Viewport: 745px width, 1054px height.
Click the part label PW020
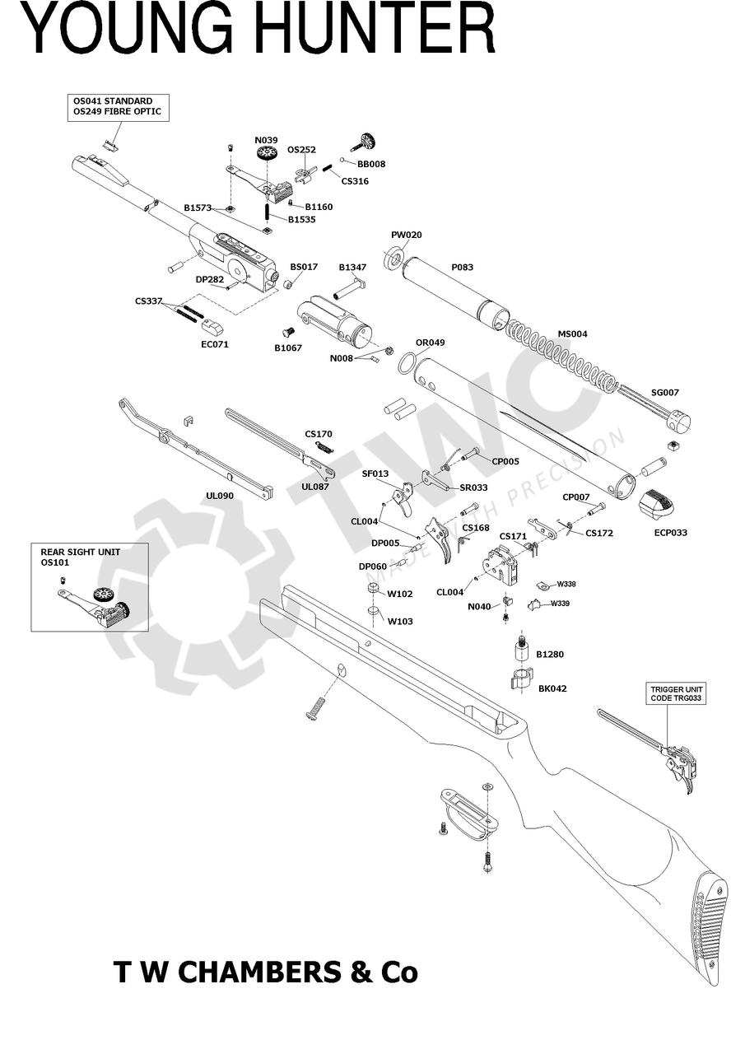(406, 236)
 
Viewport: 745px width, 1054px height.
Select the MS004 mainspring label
(573, 333)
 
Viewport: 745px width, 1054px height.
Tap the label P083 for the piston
(463, 268)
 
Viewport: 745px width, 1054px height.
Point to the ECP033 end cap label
(670, 533)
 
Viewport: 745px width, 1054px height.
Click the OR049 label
(430, 343)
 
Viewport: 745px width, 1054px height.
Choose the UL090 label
(220, 496)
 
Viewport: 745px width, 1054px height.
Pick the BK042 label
(552, 688)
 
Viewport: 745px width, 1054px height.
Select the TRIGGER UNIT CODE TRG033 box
(677, 693)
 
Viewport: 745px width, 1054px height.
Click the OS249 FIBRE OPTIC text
(117, 111)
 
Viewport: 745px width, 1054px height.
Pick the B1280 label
(550, 655)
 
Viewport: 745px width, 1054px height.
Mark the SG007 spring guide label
(664, 393)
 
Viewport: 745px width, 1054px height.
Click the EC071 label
(215, 344)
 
